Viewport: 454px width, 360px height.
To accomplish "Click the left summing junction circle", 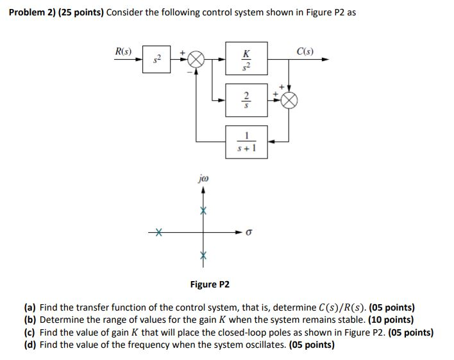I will pyautogui.click(x=196, y=60).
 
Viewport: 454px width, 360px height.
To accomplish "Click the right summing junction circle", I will pyautogui.click(x=289, y=100).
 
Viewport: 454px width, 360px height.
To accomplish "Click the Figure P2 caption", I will pyautogui.click(x=210, y=284).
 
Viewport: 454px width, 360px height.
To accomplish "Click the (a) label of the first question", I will pyautogui.click(x=30, y=307).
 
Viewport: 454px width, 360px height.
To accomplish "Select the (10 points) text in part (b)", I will pyautogui.click(x=390, y=320).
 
